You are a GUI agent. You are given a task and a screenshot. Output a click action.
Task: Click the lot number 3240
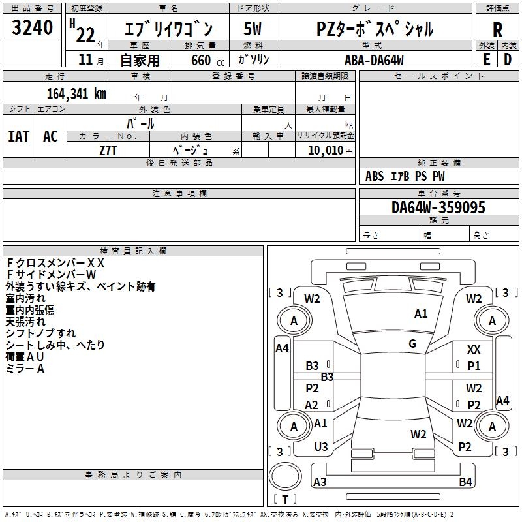point(32,29)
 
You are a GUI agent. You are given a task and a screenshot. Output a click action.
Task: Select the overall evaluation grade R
point(497,30)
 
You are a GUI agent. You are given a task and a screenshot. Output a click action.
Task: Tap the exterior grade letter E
point(486,58)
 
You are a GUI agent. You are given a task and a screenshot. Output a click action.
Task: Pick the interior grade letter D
point(508,58)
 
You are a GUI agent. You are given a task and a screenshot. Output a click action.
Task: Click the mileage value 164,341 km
point(76,93)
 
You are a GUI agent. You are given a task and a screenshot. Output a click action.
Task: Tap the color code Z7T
point(108,150)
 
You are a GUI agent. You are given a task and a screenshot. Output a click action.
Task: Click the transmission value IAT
point(18,136)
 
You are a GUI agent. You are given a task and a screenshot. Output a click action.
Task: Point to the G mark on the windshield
point(412,344)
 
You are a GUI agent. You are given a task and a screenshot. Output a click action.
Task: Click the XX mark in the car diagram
point(474,350)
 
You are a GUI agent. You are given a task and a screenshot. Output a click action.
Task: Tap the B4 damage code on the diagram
point(465,482)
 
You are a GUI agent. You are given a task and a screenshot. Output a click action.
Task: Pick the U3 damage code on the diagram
point(320,447)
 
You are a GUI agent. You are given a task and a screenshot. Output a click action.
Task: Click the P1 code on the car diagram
point(474,366)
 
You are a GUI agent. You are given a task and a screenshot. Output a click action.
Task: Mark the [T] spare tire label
point(285,500)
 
